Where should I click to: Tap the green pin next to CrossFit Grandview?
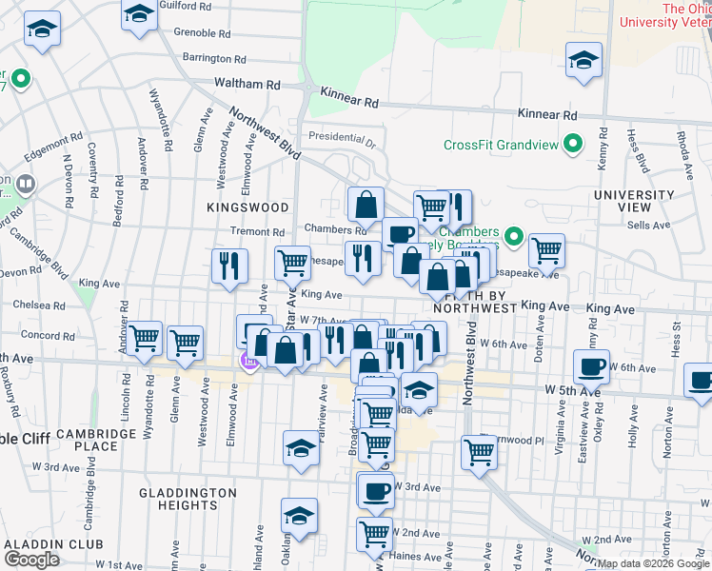coord(572,145)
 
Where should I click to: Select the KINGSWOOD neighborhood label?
coord(247,207)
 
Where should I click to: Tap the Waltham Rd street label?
coord(247,85)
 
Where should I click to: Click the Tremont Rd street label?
coord(258,231)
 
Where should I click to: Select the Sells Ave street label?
coord(648,226)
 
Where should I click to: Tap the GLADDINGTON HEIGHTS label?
coord(188,499)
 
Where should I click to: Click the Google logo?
coord(31,560)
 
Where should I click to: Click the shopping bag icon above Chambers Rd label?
coord(366,204)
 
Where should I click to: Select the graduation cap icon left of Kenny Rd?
coord(583,60)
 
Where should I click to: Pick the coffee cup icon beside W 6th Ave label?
coord(591,365)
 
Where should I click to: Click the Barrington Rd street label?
coord(207,58)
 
